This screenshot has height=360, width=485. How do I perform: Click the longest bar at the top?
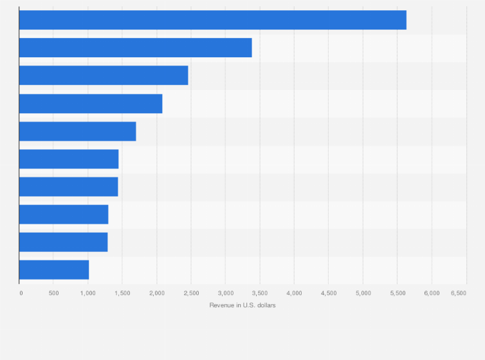click(x=212, y=20)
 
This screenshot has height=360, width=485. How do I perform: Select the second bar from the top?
click(x=135, y=48)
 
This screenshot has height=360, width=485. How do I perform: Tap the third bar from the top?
click(x=104, y=75)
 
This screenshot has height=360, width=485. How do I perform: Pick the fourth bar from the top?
click(x=91, y=104)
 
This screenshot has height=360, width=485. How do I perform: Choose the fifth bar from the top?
click(x=77, y=131)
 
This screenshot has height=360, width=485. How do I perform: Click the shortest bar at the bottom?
click(x=54, y=270)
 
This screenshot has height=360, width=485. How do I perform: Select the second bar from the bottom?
click(x=63, y=242)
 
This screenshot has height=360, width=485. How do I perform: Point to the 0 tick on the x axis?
click(x=21, y=293)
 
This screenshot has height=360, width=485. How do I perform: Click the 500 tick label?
click(x=53, y=293)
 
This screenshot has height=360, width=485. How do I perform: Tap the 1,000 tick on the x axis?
click(x=87, y=293)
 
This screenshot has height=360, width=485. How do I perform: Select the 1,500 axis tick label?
click(x=122, y=293)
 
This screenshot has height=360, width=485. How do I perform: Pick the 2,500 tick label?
click(x=191, y=293)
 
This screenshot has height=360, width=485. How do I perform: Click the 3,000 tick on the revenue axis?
click(x=225, y=293)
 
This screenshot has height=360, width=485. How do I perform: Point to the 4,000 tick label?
click(x=294, y=293)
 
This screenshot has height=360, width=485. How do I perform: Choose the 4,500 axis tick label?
click(x=328, y=293)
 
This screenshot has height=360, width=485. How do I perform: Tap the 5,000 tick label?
click(x=363, y=293)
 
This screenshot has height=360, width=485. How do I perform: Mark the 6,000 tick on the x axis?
click(x=432, y=293)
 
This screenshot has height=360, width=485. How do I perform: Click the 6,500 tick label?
click(x=459, y=293)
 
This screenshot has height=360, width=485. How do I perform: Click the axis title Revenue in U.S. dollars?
click(x=242, y=305)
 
